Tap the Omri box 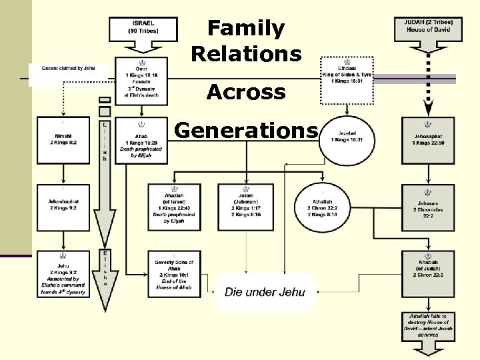coord(141,81)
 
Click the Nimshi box coord(63,140)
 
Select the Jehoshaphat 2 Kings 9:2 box coord(63,204)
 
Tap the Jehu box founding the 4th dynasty coord(63,273)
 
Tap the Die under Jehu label coord(265,291)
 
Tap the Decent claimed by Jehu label coord(69,69)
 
